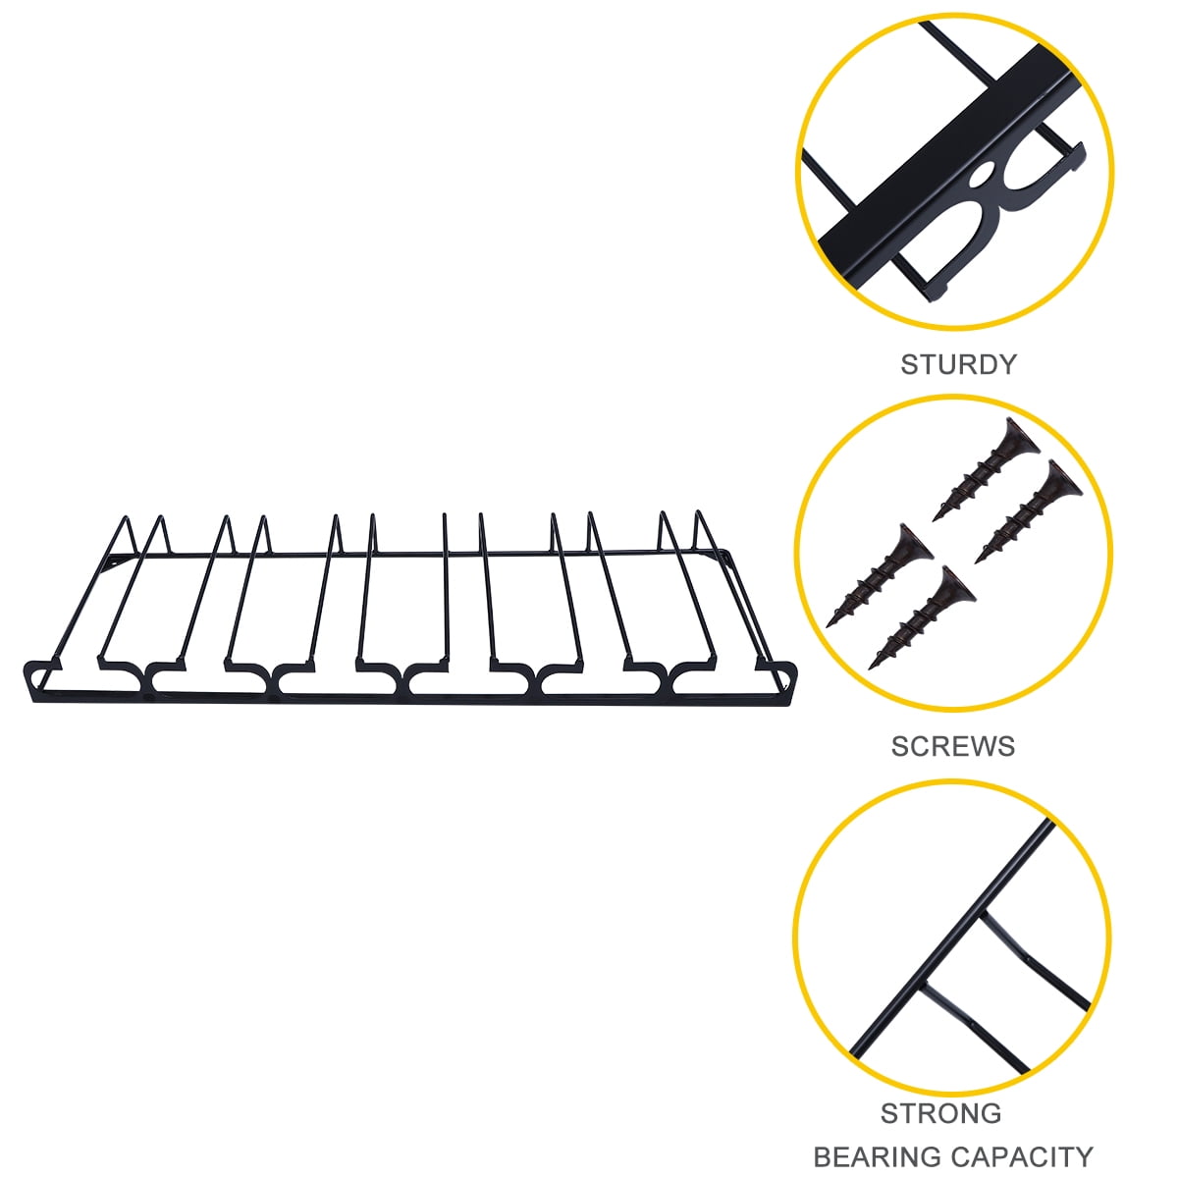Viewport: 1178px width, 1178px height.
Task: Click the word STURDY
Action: click(x=958, y=364)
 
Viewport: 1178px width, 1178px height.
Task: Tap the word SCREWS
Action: click(x=953, y=746)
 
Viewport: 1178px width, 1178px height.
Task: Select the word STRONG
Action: click(x=940, y=1112)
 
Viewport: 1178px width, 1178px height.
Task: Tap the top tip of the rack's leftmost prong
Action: click(x=127, y=517)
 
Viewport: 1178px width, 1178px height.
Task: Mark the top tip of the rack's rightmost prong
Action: click(x=698, y=512)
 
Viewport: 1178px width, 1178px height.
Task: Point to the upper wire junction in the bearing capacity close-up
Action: click(x=983, y=931)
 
